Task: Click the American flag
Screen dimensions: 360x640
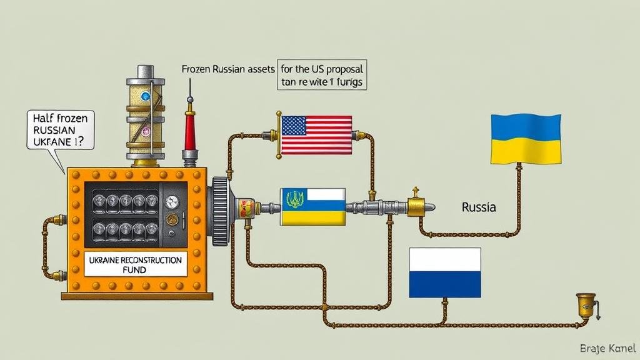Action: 316,135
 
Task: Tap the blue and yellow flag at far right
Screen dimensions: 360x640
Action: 526,139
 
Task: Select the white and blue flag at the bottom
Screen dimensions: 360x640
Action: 445,272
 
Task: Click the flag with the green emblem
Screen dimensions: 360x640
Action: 312,207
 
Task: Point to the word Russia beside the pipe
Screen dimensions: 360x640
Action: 479,207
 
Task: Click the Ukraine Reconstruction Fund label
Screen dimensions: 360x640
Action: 136,264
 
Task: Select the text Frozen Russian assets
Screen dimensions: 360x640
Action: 223,69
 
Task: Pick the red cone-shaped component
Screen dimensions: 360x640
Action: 190,129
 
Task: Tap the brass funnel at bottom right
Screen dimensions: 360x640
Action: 586,306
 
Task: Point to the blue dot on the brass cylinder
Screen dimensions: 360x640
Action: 146,96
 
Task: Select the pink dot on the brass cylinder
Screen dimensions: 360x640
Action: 146,131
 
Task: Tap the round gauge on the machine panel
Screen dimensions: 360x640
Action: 171,201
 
